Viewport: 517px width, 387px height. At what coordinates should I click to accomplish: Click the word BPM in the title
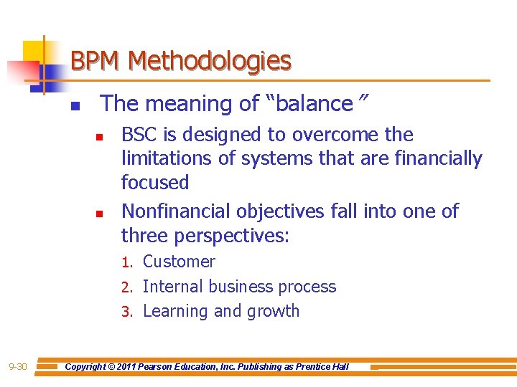[x=96, y=61]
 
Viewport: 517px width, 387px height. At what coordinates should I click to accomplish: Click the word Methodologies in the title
[x=209, y=62]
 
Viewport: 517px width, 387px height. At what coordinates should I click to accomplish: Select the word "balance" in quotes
[x=309, y=104]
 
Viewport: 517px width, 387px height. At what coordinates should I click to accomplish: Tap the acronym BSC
[x=140, y=135]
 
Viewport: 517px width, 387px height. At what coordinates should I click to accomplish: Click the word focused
[x=155, y=182]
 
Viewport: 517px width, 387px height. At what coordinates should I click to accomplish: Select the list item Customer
[x=179, y=262]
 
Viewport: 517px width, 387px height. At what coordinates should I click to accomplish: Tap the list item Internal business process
[x=239, y=287]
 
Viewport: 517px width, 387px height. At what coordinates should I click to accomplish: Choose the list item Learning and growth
[x=221, y=311]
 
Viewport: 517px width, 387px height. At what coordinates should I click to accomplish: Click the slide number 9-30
[x=18, y=367]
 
